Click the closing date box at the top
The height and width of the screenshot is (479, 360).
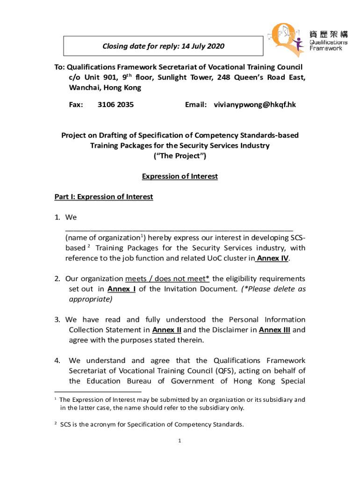(163, 46)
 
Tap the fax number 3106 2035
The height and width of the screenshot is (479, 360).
(115, 105)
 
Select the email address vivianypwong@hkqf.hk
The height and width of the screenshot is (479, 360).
(255, 105)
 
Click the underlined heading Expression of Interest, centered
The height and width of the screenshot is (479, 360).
(180, 176)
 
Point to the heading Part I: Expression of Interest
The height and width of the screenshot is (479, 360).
(103, 197)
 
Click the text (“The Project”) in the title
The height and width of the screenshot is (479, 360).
(180, 156)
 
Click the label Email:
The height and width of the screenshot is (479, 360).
(196, 105)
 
